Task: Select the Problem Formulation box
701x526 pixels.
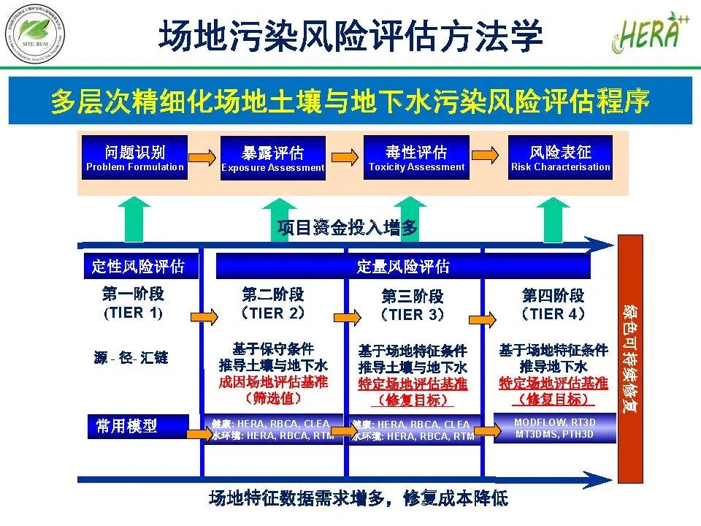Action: [x=135, y=158]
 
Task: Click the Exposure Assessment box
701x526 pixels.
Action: [x=272, y=159]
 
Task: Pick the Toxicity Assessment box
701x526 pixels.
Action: [x=416, y=158]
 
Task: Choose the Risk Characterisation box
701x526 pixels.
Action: [x=560, y=158]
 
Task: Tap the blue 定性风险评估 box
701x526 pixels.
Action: [x=140, y=267]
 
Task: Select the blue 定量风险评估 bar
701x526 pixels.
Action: [x=403, y=267]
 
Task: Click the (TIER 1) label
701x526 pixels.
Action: [x=134, y=313]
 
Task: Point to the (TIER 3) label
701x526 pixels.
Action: [x=412, y=315]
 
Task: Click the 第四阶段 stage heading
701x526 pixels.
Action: [x=553, y=295]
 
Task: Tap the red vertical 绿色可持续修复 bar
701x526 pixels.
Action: [x=630, y=359]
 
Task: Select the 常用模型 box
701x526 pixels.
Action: [x=141, y=426]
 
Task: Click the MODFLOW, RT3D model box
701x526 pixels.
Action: [x=554, y=427]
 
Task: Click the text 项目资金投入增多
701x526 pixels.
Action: [x=348, y=228]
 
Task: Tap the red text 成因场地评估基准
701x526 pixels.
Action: [x=273, y=382]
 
